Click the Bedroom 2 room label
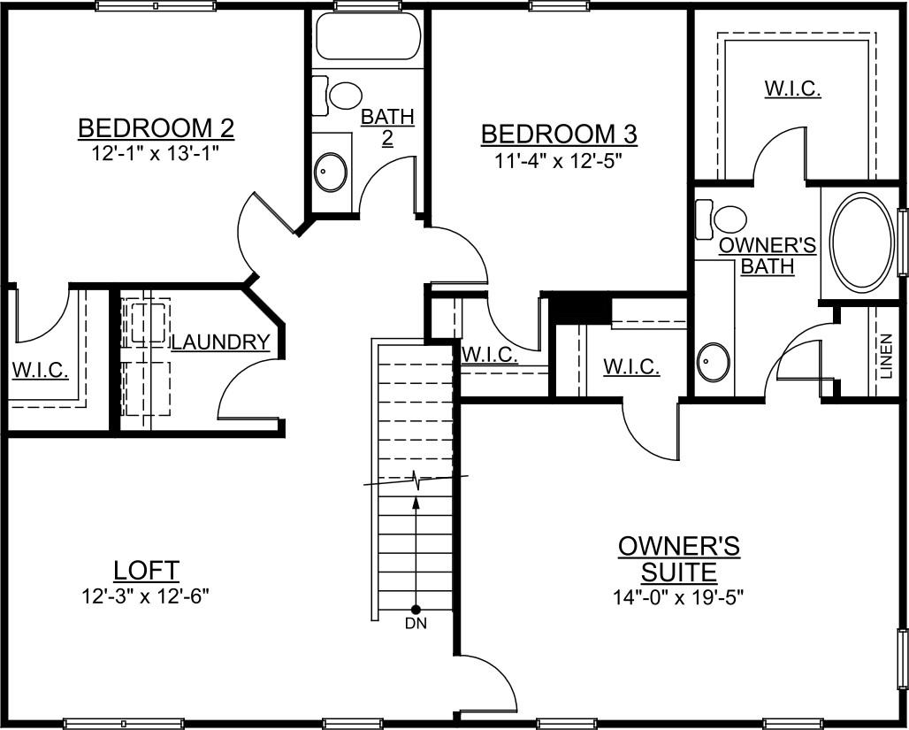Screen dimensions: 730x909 [156, 128]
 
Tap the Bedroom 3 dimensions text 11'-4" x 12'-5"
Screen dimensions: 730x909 [558, 161]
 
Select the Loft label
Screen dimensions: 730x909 [147, 570]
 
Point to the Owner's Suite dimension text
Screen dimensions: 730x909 [678, 596]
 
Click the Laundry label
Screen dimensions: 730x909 [220, 342]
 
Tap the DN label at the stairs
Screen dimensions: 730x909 [416, 625]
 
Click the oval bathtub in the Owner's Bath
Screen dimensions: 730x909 [863, 242]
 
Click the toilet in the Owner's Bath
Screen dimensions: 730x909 [725, 219]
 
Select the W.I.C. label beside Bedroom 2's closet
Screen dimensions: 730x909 [40, 369]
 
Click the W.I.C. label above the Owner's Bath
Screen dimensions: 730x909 [792, 89]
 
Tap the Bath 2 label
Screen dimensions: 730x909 [387, 127]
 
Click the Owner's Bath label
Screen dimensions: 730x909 [767, 255]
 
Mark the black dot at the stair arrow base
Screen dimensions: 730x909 [416, 609]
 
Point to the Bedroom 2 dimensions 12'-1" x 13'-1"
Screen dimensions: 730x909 [156, 152]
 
